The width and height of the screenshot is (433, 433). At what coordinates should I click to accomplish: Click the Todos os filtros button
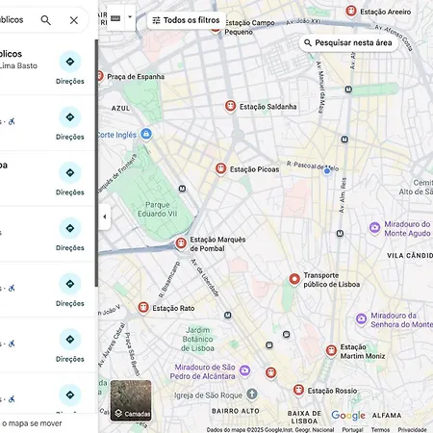[x=186, y=19]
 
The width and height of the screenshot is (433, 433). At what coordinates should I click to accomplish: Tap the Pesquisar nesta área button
[x=346, y=43]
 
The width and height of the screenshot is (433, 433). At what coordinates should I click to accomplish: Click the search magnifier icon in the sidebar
[x=46, y=19]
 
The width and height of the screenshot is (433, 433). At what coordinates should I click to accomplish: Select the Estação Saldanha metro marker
[x=230, y=106]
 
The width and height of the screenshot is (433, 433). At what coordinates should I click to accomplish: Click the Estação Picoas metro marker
[x=220, y=167]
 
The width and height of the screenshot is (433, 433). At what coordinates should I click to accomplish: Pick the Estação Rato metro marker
[x=143, y=308]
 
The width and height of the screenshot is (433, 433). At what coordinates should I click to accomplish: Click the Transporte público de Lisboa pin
[x=294, y=279]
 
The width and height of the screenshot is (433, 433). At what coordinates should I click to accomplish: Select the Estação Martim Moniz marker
[x=331, y=351]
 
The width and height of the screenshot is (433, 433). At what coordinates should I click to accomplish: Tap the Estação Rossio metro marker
[x=298, y=390]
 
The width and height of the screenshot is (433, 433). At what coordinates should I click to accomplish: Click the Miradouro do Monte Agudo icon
[x=374, y=228]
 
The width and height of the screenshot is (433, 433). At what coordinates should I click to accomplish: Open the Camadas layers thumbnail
[x=131, y=400]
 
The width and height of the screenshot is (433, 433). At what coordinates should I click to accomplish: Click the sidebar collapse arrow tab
[x=104, y=216]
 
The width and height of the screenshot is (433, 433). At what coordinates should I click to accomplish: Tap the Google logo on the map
[x=348, y=416]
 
